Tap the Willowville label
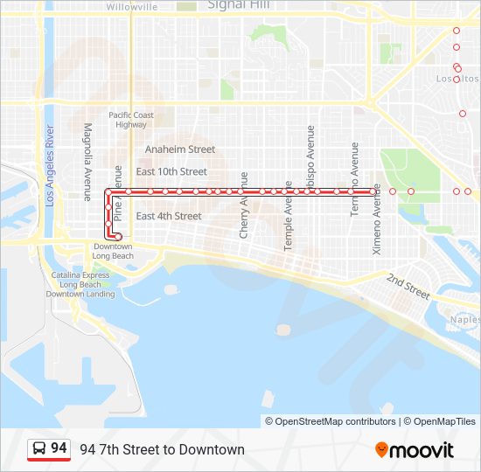[x=131, y=6]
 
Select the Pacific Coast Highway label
[x=131, y=120]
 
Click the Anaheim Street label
[x=180, y=149]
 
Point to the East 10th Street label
[x=171, y=172]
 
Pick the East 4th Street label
[x=169, y=216]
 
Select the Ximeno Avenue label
[x=377, y=219]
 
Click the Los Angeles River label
[x=51, y=166]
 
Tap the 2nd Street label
[x=408, y=285]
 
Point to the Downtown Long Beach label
[x=114, y=251]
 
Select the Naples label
[x=465, y=320]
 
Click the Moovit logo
[x=415, y=450]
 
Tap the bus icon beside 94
[x=39, y=448]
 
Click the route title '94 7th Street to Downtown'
[x=162, y=450]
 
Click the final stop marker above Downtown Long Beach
[x=118, y=236]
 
